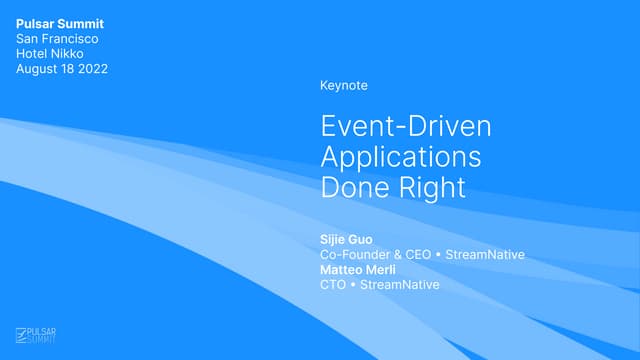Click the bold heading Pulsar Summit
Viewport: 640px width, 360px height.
[60, 24]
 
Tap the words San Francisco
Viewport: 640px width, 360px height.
[57, 39]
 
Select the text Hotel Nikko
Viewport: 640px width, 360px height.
[49, 54]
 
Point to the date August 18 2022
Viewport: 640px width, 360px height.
[62, 69]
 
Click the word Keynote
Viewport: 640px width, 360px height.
[344, 86]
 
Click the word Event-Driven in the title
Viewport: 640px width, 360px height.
[406, 127]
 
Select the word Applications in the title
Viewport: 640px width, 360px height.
[400, 157]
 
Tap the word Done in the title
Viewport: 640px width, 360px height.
[351, 187]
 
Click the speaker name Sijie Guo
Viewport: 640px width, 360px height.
[346, 240]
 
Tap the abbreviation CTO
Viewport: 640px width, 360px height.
[333, 285]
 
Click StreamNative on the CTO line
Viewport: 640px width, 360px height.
[400, 285]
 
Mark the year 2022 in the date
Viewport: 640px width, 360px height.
[91, 69]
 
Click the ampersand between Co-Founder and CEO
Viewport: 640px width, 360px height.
[399, 255]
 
